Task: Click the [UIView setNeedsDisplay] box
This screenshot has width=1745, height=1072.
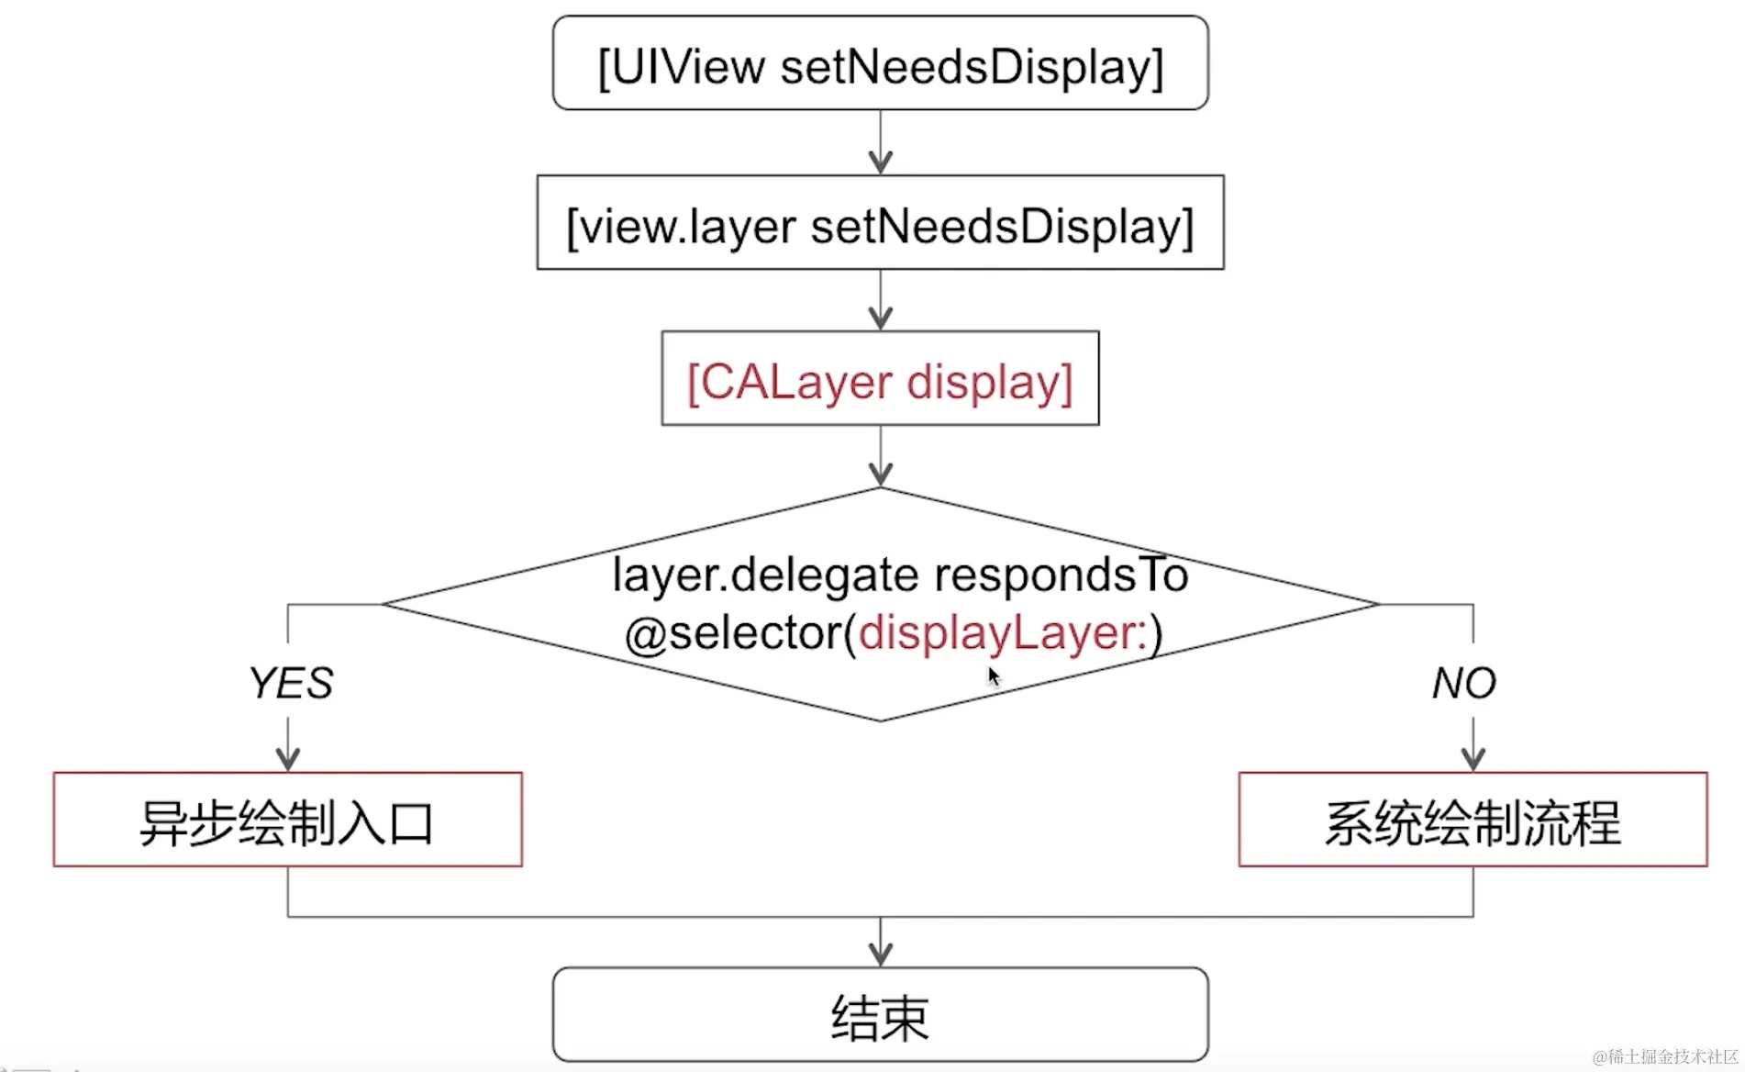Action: pos(880,65)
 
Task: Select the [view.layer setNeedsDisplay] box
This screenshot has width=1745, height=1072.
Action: pos(880,224)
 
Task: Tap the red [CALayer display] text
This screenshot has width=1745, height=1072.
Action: pos(880,381)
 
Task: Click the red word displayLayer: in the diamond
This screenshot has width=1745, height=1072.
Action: pos(1003,633)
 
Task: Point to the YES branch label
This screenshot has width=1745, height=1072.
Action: pos(290,683)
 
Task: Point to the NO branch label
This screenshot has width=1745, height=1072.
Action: pos(1464,683)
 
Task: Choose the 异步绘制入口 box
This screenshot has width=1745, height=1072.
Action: pos(287,821)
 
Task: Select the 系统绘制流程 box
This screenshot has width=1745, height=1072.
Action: pos(1473,821)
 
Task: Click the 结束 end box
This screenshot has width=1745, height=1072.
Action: pos(880,1016)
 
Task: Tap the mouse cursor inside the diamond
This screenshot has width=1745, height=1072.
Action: pos(994,677)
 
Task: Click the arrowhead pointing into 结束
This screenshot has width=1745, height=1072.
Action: pos(881,955)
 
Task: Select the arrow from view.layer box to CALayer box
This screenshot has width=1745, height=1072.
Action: pos(881,301)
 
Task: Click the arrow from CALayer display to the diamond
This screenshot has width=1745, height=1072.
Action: pos(881,457)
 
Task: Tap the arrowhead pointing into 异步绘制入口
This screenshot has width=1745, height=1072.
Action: pos(288,759)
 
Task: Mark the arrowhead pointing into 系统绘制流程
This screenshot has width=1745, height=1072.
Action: pos(1473,759)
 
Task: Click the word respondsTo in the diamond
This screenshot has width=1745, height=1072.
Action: pos(1061,576)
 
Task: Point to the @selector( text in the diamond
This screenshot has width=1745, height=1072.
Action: pos(739,633)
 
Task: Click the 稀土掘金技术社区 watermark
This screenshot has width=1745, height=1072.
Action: pos(1665,1056)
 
